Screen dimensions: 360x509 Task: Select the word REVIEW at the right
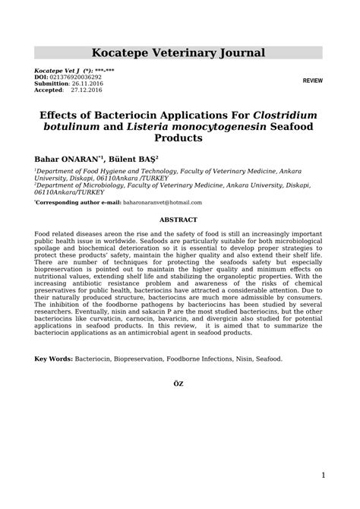(312, 80)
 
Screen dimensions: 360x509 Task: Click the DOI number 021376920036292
(75, 77)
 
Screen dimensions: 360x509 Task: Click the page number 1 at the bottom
(323, 476)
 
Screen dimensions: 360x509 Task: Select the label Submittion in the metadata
(52, 83)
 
